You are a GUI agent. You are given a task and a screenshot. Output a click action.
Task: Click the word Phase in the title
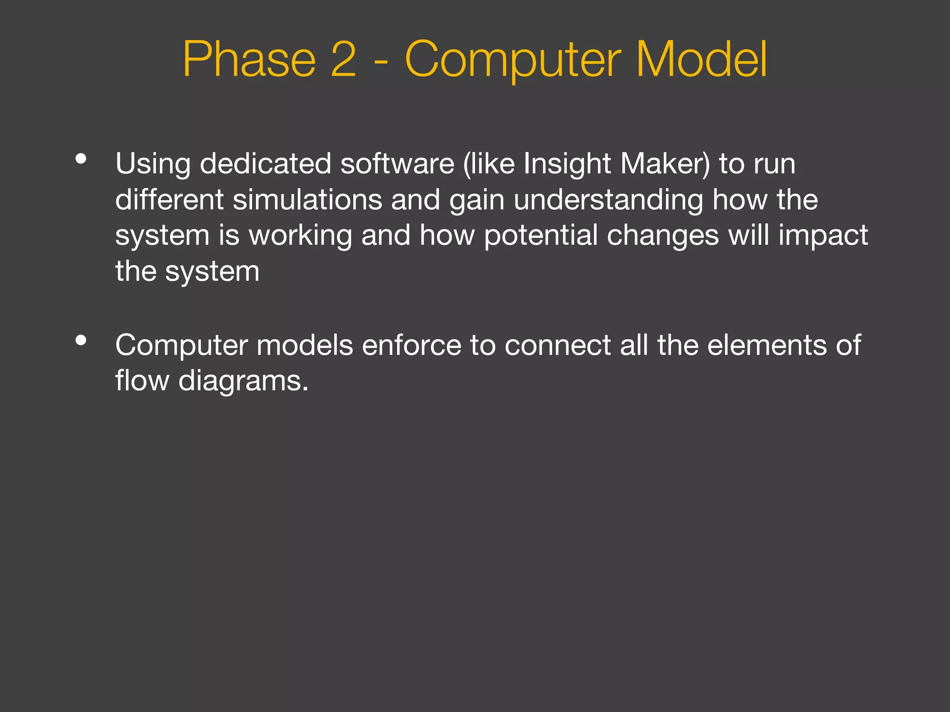[249, 59]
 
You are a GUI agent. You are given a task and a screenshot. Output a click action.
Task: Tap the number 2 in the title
[344, 59]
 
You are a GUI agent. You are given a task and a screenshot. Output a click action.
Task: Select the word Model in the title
[701, 59]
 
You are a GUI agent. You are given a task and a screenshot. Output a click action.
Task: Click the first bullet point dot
[81, 159]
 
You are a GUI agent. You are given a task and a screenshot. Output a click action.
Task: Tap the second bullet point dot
[81, 341]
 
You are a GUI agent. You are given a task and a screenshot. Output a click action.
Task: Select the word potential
[541, 236]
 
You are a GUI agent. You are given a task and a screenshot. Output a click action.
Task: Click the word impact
[823, 236]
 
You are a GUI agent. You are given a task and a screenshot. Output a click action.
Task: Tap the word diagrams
[243, 381]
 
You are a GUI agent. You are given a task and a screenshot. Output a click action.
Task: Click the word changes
[663, 236]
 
